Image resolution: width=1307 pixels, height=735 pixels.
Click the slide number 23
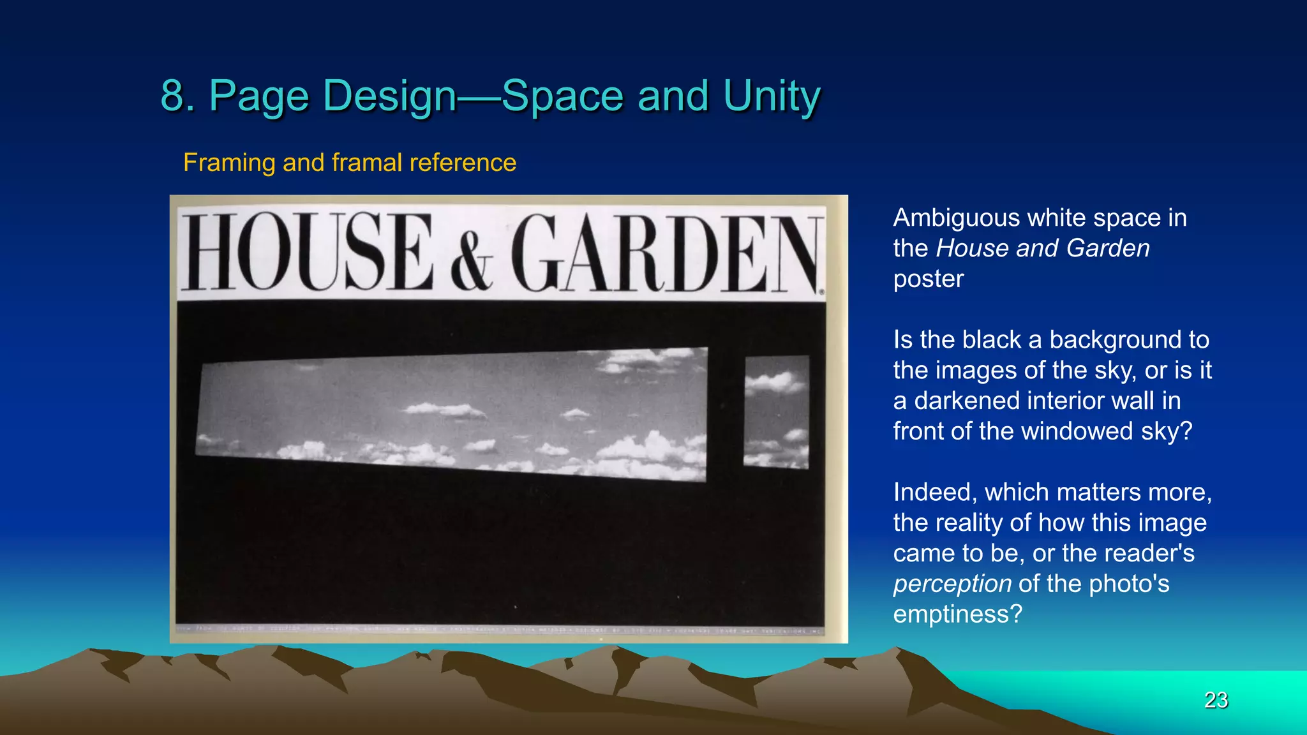pyautogui.click(x=1216, y=700)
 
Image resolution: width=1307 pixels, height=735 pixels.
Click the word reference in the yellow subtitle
pyautogui.click(x=463, y=163)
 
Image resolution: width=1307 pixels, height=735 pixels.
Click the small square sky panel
pyautogui.click(x=776, y=412)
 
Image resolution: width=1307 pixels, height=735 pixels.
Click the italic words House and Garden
pyautogui.click(x=1042, y=248)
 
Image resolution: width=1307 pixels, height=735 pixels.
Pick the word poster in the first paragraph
pyautogui.click(x=928, y=279)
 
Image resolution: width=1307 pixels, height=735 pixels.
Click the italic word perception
pyautogui.click(x=952, y=584)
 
